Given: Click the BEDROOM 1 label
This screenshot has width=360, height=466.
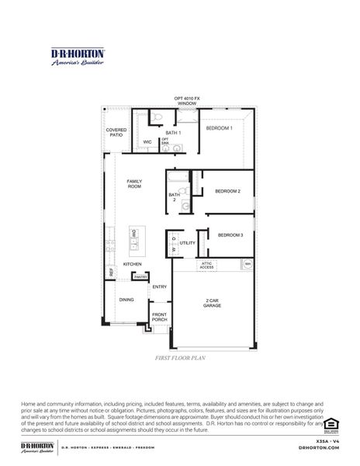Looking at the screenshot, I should click(x=219, y=127).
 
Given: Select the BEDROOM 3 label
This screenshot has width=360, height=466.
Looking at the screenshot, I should click(x=230, y=235).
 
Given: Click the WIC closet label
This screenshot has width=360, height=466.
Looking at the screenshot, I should click(x=147, y=142).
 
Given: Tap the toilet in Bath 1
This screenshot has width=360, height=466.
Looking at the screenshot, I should click(x=156, y=118).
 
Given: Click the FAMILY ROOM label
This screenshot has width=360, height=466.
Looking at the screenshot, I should click(x=134, y=184).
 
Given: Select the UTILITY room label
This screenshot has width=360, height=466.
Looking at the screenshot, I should click(x=188, y=243).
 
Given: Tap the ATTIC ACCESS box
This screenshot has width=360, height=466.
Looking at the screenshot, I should click(x=206, y=266).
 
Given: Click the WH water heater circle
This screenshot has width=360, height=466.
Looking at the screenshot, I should click(x=247, y=264).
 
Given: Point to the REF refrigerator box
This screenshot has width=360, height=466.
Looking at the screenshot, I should click(x=111, y=273).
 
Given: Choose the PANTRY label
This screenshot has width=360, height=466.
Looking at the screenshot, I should click(x=140, y=276).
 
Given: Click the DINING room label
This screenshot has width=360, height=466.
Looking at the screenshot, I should click(x=126, y=299).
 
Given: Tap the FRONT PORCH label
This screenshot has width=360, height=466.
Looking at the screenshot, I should click(x=159, y=317).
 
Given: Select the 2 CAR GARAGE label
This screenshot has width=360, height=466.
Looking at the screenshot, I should click(x=213, y=303).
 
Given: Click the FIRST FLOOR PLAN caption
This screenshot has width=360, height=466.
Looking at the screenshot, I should click(x=180, y=360).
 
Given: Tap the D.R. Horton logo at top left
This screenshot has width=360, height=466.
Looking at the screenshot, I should click(x=78, y=57).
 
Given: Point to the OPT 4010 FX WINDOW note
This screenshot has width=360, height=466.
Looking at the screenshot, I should click(x=187, y=100).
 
